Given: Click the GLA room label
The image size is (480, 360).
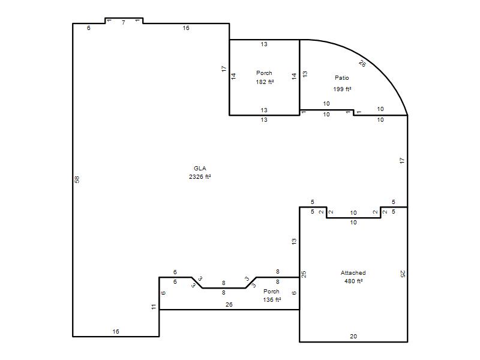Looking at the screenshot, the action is (200, 169).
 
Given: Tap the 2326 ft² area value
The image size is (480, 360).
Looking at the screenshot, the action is (200, 176).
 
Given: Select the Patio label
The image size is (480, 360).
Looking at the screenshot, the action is (341, 78).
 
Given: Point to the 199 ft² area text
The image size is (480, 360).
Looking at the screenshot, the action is (342, 89).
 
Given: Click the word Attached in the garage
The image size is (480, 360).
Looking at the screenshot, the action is (353, 273).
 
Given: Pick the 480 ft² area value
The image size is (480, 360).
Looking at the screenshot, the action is (353, 281).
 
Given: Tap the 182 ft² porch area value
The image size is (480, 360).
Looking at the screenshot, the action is (265, 82).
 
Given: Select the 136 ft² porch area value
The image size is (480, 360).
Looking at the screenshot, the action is (272, 299).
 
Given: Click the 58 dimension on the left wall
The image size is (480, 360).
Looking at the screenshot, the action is (77, 179).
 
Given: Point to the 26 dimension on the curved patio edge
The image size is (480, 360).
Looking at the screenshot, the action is (362, 64).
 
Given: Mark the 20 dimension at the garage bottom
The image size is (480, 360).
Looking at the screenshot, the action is (353, 337).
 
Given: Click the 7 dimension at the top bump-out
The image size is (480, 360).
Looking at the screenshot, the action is (124, 23).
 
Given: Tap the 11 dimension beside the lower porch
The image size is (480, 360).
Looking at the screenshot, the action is (154, 307).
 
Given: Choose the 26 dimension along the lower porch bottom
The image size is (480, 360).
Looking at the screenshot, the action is (229, 305).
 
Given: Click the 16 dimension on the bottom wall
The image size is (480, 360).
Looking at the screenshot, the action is (116, 332).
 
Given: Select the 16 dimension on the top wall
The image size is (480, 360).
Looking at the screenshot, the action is (186, 28).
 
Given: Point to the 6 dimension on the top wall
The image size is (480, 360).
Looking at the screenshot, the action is (88, 28).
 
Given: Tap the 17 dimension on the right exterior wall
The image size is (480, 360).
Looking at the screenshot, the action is (402, 160).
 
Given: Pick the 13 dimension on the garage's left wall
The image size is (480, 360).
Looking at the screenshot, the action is (294, 242).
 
